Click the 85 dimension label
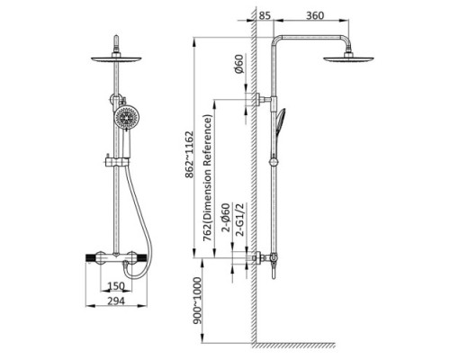point(265,15)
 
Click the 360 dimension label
point(315,15)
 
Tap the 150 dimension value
point(116,286)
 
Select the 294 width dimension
point(116,301)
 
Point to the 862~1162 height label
point(189,154)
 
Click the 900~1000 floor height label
point(197,301)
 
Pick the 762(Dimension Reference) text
point(208,178)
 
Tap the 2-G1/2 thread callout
point(240,220)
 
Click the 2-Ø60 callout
point(226,218)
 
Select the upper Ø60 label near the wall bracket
point(238,64)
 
